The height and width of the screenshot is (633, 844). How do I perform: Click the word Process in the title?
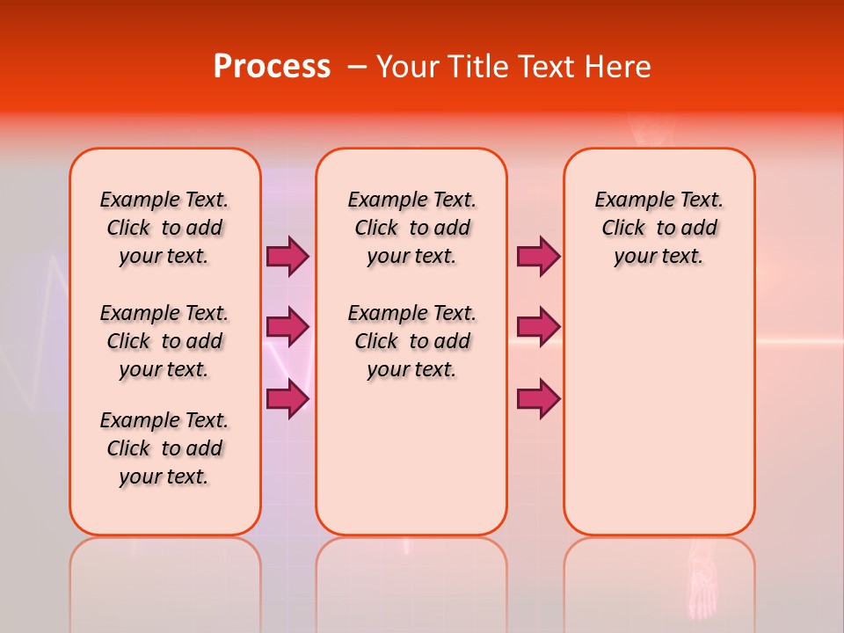[x=272, y=67]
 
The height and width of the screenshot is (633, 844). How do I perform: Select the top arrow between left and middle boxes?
[x=287, y=256]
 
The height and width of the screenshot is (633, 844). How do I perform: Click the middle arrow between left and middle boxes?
[x=287, y=327]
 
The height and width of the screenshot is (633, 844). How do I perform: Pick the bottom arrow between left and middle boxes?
[x=287, y=399]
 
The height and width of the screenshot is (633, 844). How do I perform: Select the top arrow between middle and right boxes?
[x=538, y=256]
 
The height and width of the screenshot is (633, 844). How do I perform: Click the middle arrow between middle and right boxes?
[x=538, y=327]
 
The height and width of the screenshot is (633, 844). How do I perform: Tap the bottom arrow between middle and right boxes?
[x=538, y=399]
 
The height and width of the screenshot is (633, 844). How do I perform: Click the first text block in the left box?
[x=164, y=228]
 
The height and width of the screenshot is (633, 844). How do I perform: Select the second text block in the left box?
[x=164, y=341]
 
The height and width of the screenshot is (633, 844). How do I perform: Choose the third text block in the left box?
[x=164, y=448]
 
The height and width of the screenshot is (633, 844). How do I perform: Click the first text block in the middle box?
[x=411, y=228]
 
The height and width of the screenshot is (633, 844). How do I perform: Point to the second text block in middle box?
[x=411, y=341]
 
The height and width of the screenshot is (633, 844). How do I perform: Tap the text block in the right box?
[x=658, y=228]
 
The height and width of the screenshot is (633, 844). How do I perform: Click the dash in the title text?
[x=357, y=67]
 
